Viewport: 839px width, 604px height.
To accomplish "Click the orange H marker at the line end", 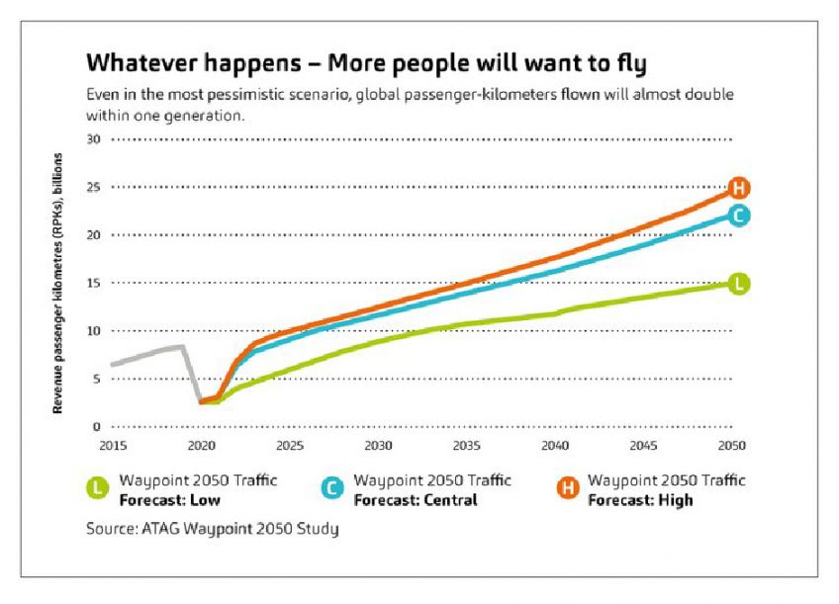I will tap(738, 188).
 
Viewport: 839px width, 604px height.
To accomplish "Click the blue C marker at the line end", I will tap(738, 216).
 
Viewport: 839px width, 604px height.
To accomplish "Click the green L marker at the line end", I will tap(738, 284).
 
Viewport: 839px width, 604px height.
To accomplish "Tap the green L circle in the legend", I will tap(96, 486).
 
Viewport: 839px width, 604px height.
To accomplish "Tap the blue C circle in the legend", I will tap(331, 486).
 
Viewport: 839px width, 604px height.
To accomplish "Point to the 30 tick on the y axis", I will tap(96, 139).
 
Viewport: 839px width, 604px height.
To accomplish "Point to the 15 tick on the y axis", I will tap(96, 283).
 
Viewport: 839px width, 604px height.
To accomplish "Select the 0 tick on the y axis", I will tap(99, 427).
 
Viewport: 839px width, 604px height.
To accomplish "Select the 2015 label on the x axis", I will tap(113, 445).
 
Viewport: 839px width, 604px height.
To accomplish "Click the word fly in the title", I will tap(626, 64).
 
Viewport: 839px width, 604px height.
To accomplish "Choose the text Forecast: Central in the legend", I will tap(415, 500).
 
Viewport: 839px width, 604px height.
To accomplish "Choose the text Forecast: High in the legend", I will tap(640, 500).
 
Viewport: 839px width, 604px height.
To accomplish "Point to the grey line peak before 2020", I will tap(182, 346).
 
